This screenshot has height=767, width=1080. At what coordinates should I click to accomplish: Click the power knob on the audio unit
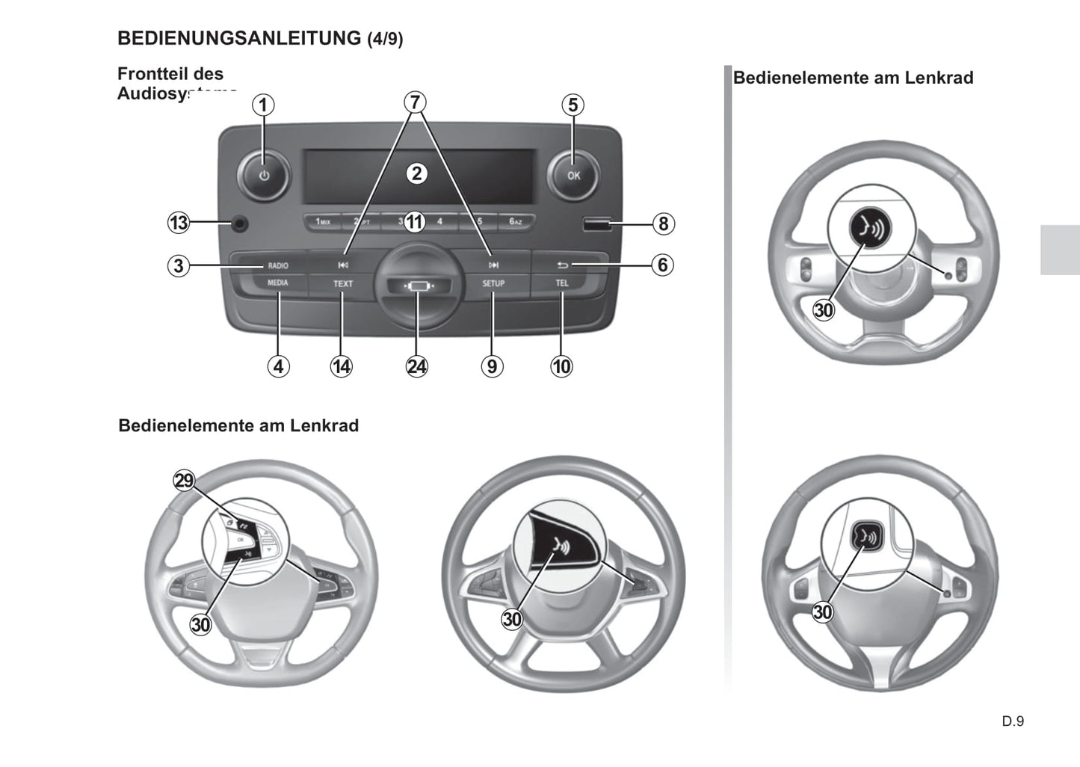[x=263, y=176]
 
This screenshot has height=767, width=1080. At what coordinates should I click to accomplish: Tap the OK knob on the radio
[x=573, y=176]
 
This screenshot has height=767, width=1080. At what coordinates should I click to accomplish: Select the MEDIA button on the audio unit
[x=277, y=283]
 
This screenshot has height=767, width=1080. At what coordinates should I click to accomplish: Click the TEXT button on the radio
[x=343, y=284]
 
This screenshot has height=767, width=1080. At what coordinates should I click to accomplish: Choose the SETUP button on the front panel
[x=493, y=284]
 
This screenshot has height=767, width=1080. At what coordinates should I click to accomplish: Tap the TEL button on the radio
[x=562, y=284]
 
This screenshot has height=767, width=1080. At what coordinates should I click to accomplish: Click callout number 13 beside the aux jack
[x=179, y=223]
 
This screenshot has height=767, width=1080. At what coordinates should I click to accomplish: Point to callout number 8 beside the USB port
[x=662, y=224]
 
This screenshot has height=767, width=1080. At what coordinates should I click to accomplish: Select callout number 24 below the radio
[x=416, y=366]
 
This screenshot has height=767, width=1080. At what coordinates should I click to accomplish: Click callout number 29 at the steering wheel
[x=184, y=480]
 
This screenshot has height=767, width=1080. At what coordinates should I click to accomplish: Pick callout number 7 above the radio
[x=416, y=102]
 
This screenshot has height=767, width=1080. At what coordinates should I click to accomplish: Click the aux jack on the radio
[x=239, y=223]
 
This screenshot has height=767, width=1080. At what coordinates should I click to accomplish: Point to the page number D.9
[x=1013, y=721]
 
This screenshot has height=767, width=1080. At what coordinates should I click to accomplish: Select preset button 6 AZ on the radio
[x=515, y=222]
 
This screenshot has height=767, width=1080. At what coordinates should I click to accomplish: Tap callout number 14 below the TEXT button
[x=342, y=366]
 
